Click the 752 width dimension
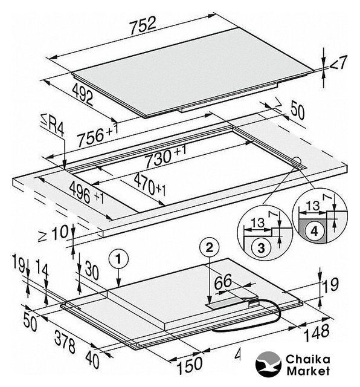(x=143, y=25)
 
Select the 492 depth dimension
(x=83, y=94)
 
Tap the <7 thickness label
(x=338, y=63)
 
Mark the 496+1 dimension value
(x=86, y=193)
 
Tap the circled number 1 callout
(x=118, y=259)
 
